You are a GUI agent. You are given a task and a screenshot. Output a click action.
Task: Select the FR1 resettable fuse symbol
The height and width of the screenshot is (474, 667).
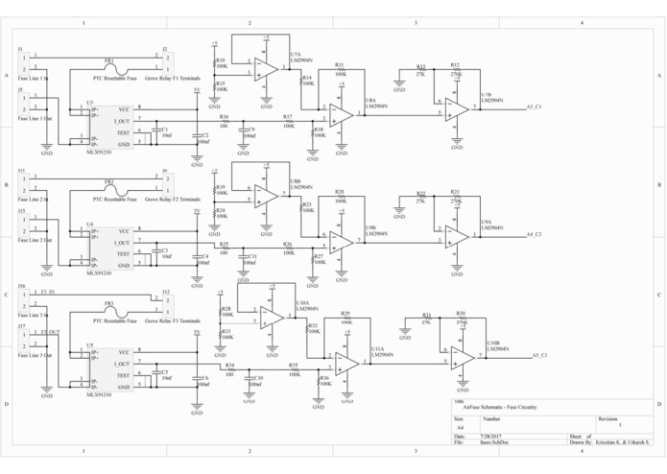click(110, 66)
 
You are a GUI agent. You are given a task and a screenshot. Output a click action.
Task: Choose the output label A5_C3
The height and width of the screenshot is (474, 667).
click(538, 356)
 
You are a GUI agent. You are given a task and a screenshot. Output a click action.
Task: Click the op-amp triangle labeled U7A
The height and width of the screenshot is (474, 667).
click(266, 68)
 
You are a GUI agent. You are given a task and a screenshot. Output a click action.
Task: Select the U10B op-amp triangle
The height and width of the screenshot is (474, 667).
click(463, 356)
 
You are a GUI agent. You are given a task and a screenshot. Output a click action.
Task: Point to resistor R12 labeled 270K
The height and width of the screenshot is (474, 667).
click(455, 72)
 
